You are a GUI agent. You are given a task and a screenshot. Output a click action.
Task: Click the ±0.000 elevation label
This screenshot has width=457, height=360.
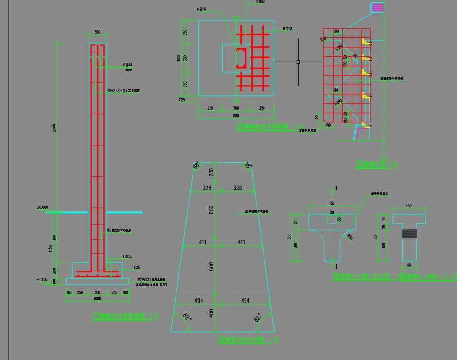pyautogui.click(x=42, y=207)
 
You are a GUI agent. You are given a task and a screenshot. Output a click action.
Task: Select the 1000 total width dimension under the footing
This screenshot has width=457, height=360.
pyautogui.click(x=97, y=299)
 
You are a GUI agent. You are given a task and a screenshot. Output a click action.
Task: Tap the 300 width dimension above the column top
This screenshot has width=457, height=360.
pyautogui.click(x=97, y=32)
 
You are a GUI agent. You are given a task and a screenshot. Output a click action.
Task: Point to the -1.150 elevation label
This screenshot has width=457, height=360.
pyautogui.click(x=42, y=280)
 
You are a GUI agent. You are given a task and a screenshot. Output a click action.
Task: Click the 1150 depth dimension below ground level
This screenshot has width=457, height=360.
pyautogui.click(x=50, y=248)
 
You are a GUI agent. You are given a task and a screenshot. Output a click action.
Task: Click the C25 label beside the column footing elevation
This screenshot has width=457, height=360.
pyautogui.click(x=137, y=268)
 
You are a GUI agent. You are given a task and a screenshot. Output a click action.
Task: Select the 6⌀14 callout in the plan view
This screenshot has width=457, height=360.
pyautogui.click(x=201, y=9)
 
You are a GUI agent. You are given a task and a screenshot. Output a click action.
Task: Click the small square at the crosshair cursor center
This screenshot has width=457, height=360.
pyautogui.click(x=298, y=62)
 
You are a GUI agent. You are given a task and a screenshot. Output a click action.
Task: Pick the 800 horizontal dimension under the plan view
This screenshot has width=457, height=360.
pyautogui.click(x=236, y=116)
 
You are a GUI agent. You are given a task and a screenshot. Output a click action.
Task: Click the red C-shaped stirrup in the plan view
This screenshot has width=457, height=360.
pyautogui.click(x=241, y=57)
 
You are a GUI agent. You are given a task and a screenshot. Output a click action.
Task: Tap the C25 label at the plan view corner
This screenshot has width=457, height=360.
pyautogui.click(x=182, y=100)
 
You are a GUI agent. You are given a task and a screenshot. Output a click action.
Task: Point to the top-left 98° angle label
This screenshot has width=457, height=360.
pyautogui.click(x=196, y=166)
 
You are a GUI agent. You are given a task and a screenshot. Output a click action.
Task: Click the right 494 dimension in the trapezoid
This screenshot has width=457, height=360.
pyautogui.click(x=245, y=301)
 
